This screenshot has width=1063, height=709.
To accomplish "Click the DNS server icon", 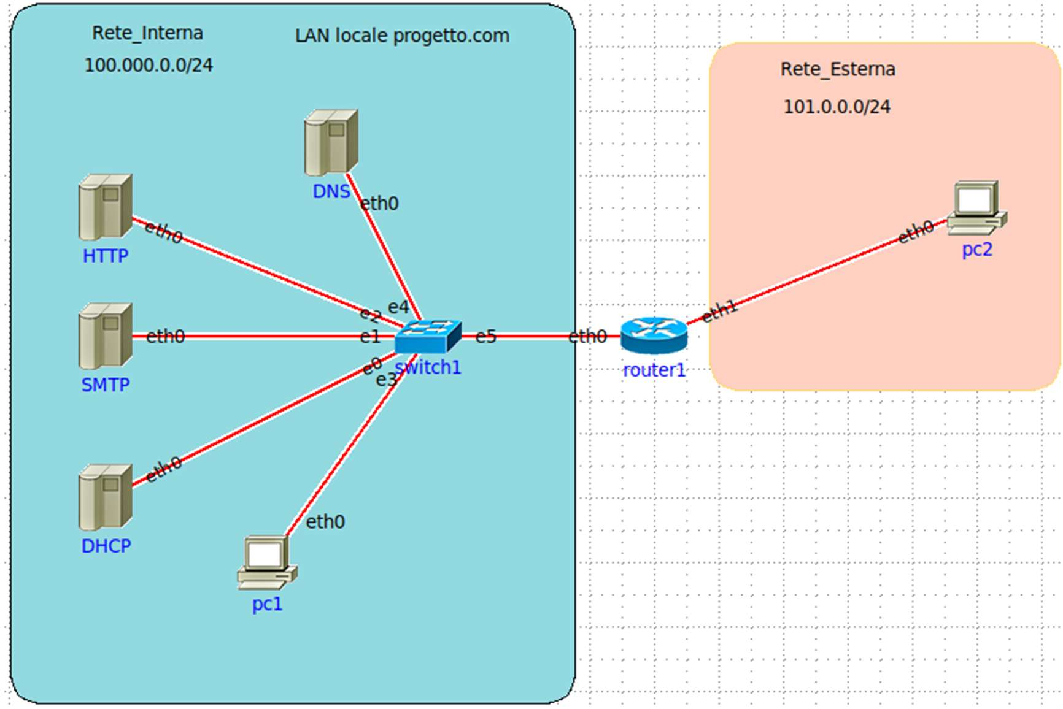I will pos(331,142).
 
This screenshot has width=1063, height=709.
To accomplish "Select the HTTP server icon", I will pos(105,207).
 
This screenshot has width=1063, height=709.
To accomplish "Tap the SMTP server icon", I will pos(105,335).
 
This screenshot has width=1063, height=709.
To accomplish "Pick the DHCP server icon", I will pos(105,497).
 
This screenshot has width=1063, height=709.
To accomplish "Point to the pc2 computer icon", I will pos(976,207).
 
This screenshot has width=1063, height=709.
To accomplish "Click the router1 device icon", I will pos(654,335).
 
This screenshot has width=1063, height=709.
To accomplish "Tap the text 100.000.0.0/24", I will pos(149,66).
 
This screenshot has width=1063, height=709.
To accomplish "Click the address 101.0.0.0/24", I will pos(837,107).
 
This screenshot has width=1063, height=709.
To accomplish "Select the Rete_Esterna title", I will pos(838,69).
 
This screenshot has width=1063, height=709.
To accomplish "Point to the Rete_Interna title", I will pos(147,33).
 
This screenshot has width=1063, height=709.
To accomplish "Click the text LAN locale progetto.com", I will pos(402,36).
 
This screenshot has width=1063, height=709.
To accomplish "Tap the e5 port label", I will pos(485,337).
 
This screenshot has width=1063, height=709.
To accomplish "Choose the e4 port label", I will pos(398,307).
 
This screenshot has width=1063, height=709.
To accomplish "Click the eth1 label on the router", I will pos(719,311).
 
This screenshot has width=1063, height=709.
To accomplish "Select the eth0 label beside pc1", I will pos(325,522).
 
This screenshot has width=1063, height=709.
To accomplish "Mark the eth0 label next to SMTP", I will pos(165,336).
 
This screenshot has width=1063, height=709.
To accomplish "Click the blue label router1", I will pos(654,370).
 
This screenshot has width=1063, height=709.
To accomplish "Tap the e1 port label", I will pos(370,337).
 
